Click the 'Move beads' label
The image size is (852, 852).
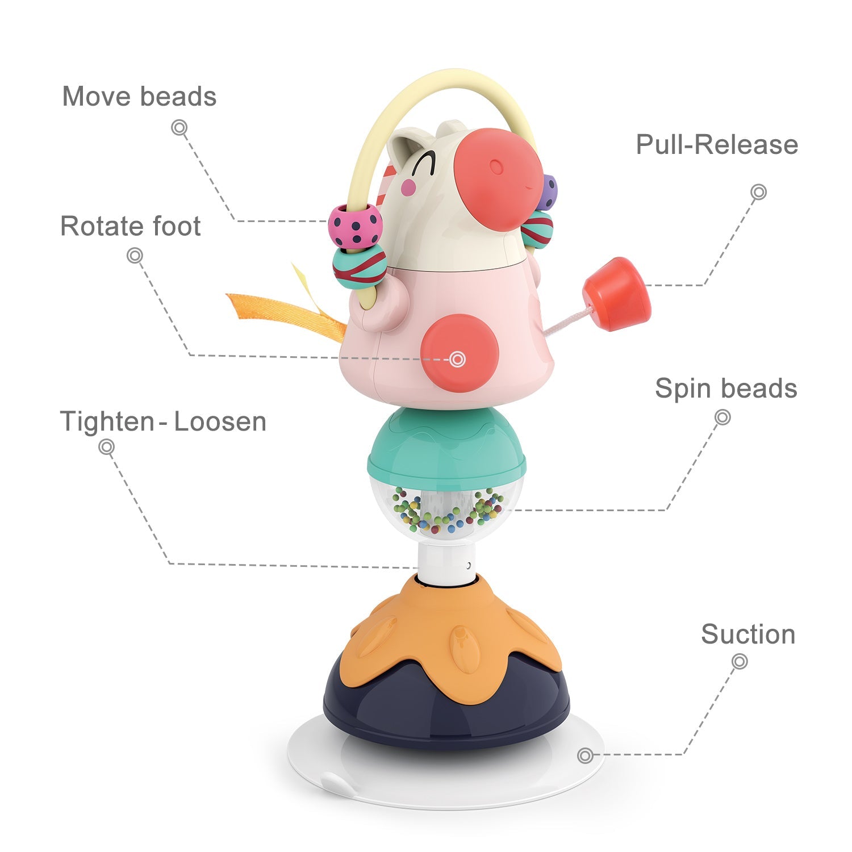click(x=139, y=97)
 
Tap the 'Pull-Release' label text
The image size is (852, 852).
click(x=717, y=145)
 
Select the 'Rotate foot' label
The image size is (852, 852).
click(x=131, y=226)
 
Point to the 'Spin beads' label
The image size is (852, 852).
click(x=726, y=389)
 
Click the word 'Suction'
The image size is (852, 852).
click(x=748, y=634)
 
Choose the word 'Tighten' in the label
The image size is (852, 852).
click(x=107, y=422)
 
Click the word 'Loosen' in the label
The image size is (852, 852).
click(x=220, y=422)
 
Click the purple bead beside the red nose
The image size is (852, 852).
click(x=549, y=191)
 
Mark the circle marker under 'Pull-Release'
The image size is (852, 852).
click(x=758, y=192)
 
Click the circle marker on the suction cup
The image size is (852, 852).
click(x=585, y=755)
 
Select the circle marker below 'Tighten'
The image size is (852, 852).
click(x=106, y=447)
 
